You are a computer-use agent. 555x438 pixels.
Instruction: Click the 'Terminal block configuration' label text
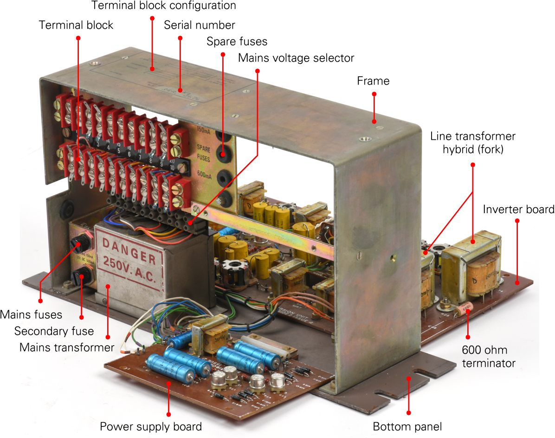[x=164, y=6]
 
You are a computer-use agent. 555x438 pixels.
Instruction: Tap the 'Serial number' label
[x=199, y=25]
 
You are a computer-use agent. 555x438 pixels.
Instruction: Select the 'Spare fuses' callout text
[x=237, y=41]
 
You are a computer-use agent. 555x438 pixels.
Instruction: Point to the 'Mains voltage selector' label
[x=296, y=58]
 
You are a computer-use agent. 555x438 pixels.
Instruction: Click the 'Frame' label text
[x=373, y=81]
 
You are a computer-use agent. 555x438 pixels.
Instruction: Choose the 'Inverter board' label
[x=518, y=209]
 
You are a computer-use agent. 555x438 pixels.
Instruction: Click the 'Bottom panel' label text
[x=407, y=426]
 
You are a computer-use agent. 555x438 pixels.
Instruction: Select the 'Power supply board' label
[x=151, y=426]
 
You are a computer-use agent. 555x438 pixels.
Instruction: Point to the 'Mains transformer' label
[x=67, y=347]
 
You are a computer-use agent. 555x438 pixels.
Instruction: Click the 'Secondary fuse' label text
[x=54, y=331]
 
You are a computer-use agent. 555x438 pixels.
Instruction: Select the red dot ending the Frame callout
[x=374, y=94]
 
